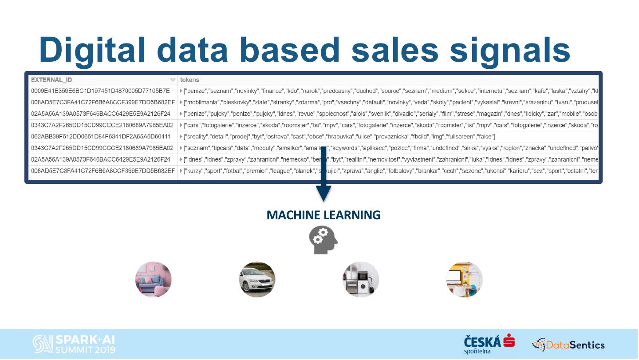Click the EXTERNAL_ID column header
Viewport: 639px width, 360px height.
coord(51,80)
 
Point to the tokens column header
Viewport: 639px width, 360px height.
coord(189,80)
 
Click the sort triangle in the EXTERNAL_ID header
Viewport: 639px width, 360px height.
coord(173,80)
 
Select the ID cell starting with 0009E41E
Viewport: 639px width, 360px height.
coord(100,91)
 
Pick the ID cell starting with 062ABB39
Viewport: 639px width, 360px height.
coord(100,136)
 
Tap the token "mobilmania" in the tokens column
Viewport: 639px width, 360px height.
coord(201,102)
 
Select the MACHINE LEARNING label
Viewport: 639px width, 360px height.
coord(323,215)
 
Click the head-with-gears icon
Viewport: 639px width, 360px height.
coord(323,240)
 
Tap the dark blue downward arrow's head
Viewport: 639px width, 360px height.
coord(323,194)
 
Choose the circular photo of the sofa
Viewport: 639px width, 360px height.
coord(153,279)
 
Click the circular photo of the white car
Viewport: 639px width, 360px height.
coord(257,279)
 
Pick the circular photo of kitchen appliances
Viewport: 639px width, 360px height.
coord(361,279)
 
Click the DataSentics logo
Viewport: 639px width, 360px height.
coord(568,344)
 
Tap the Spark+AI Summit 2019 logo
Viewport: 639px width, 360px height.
coord(74,344)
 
